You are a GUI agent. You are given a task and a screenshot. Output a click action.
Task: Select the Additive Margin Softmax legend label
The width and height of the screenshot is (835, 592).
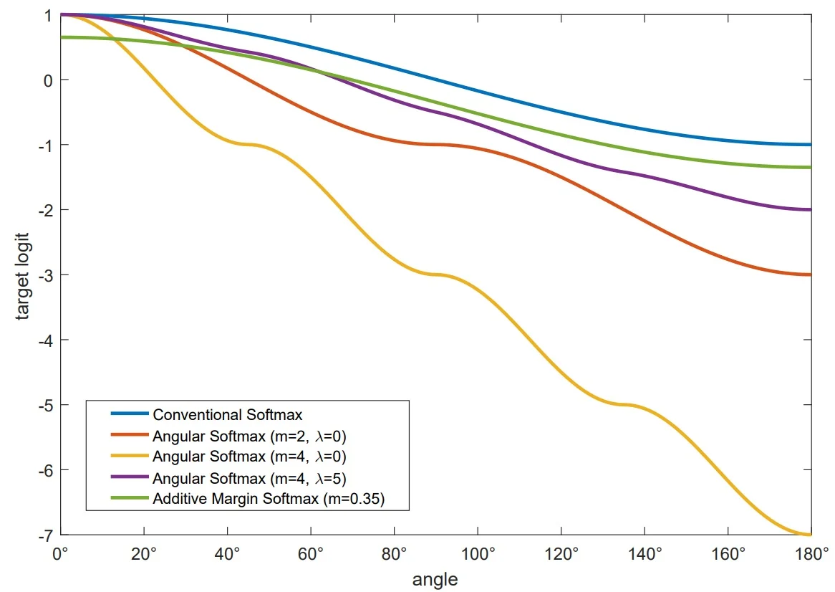(x=269, y=500)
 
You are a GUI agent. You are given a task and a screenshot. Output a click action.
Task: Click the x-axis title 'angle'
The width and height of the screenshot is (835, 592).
(x=435, y=578)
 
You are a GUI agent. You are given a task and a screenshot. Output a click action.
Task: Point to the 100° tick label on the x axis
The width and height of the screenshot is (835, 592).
(x=478, y=553)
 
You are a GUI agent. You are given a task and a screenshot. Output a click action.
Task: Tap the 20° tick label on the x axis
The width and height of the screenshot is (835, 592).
(x=144, y=553)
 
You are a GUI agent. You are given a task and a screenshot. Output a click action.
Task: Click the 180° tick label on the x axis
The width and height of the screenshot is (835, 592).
(x=811, y=553)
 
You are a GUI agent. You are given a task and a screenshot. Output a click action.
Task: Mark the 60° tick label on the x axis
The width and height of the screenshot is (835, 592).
(x=311, y=553)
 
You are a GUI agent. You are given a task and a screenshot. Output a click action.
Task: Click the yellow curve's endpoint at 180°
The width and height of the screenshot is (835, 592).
(x=811, y=535)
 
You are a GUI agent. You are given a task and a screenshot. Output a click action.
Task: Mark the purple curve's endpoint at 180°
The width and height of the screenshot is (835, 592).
(x=811, y=209)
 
